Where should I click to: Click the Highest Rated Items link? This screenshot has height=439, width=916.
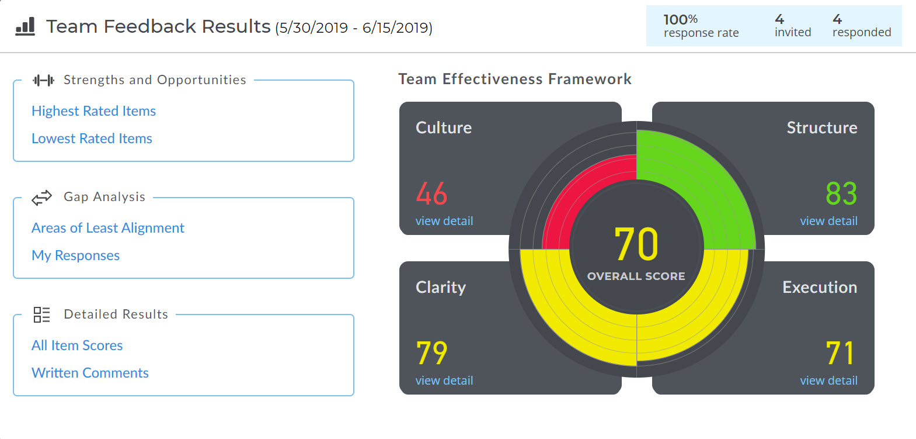coord(93,111)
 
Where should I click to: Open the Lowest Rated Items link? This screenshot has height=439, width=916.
coord(92,139)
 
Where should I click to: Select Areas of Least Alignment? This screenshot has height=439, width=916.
coord(108,228)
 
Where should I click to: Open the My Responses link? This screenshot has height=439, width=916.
coord(75,255)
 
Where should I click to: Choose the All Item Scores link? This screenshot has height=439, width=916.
coord(77,345)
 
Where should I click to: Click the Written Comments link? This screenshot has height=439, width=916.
coord(90,373)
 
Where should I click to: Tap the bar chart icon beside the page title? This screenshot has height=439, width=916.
coord(25,26)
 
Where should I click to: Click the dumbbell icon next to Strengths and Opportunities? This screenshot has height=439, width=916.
coord(43,80)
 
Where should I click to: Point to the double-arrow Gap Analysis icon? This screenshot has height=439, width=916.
coord(42,198)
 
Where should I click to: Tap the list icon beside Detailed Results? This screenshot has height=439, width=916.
coord(41,314)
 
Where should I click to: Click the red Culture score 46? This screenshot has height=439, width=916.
coord(431,194)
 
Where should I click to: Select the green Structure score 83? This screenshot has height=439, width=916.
coord(841,194)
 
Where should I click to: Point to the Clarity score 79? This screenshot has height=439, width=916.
coord(431,354)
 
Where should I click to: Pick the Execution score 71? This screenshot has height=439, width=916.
coord(840,354)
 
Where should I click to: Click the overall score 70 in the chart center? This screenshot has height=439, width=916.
coord(636,244)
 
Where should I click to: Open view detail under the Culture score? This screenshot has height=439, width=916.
coord(444,221)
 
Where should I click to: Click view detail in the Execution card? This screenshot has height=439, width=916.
coord(828,381)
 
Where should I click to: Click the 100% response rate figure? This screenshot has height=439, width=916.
coord(681,19)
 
